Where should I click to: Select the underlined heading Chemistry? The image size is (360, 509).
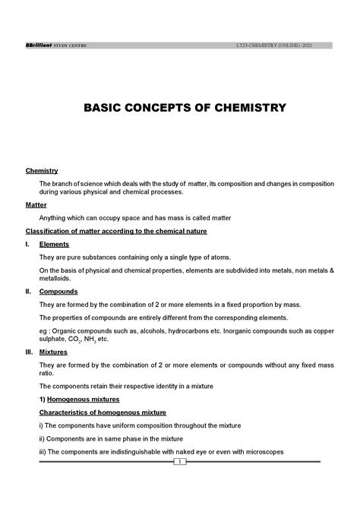42,171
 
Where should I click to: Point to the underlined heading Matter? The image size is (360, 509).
36,205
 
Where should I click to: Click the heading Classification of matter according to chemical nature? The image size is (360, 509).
116,231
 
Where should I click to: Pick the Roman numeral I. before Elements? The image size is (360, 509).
28,244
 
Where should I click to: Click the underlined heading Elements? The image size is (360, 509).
54,244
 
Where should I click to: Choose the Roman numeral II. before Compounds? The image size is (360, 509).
29,291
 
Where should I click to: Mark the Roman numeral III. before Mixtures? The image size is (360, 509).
30,352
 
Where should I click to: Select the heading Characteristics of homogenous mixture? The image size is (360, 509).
103,412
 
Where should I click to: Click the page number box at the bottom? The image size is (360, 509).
180,461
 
